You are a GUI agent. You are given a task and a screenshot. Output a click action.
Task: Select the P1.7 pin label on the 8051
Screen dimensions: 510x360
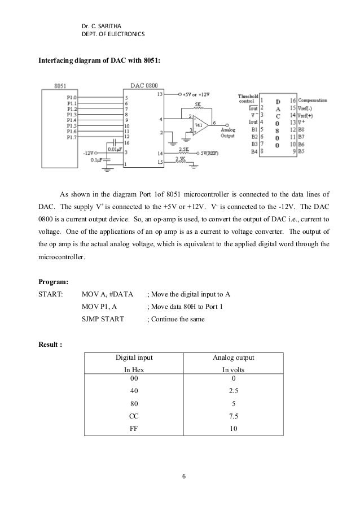click(x=72, y=137)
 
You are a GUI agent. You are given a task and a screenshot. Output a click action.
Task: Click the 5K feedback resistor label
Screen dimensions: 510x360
click(x=197, y=104)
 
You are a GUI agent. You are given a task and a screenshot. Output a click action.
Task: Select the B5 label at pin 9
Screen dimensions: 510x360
click(x=301, y=151)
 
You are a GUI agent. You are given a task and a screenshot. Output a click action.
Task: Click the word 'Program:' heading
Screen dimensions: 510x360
click(x=53, y=281)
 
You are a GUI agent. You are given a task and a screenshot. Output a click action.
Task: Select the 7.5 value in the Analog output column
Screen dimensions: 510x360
click(x=233, y=416)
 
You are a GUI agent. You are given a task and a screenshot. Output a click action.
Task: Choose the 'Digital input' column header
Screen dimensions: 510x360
click(x=135, y=358)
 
